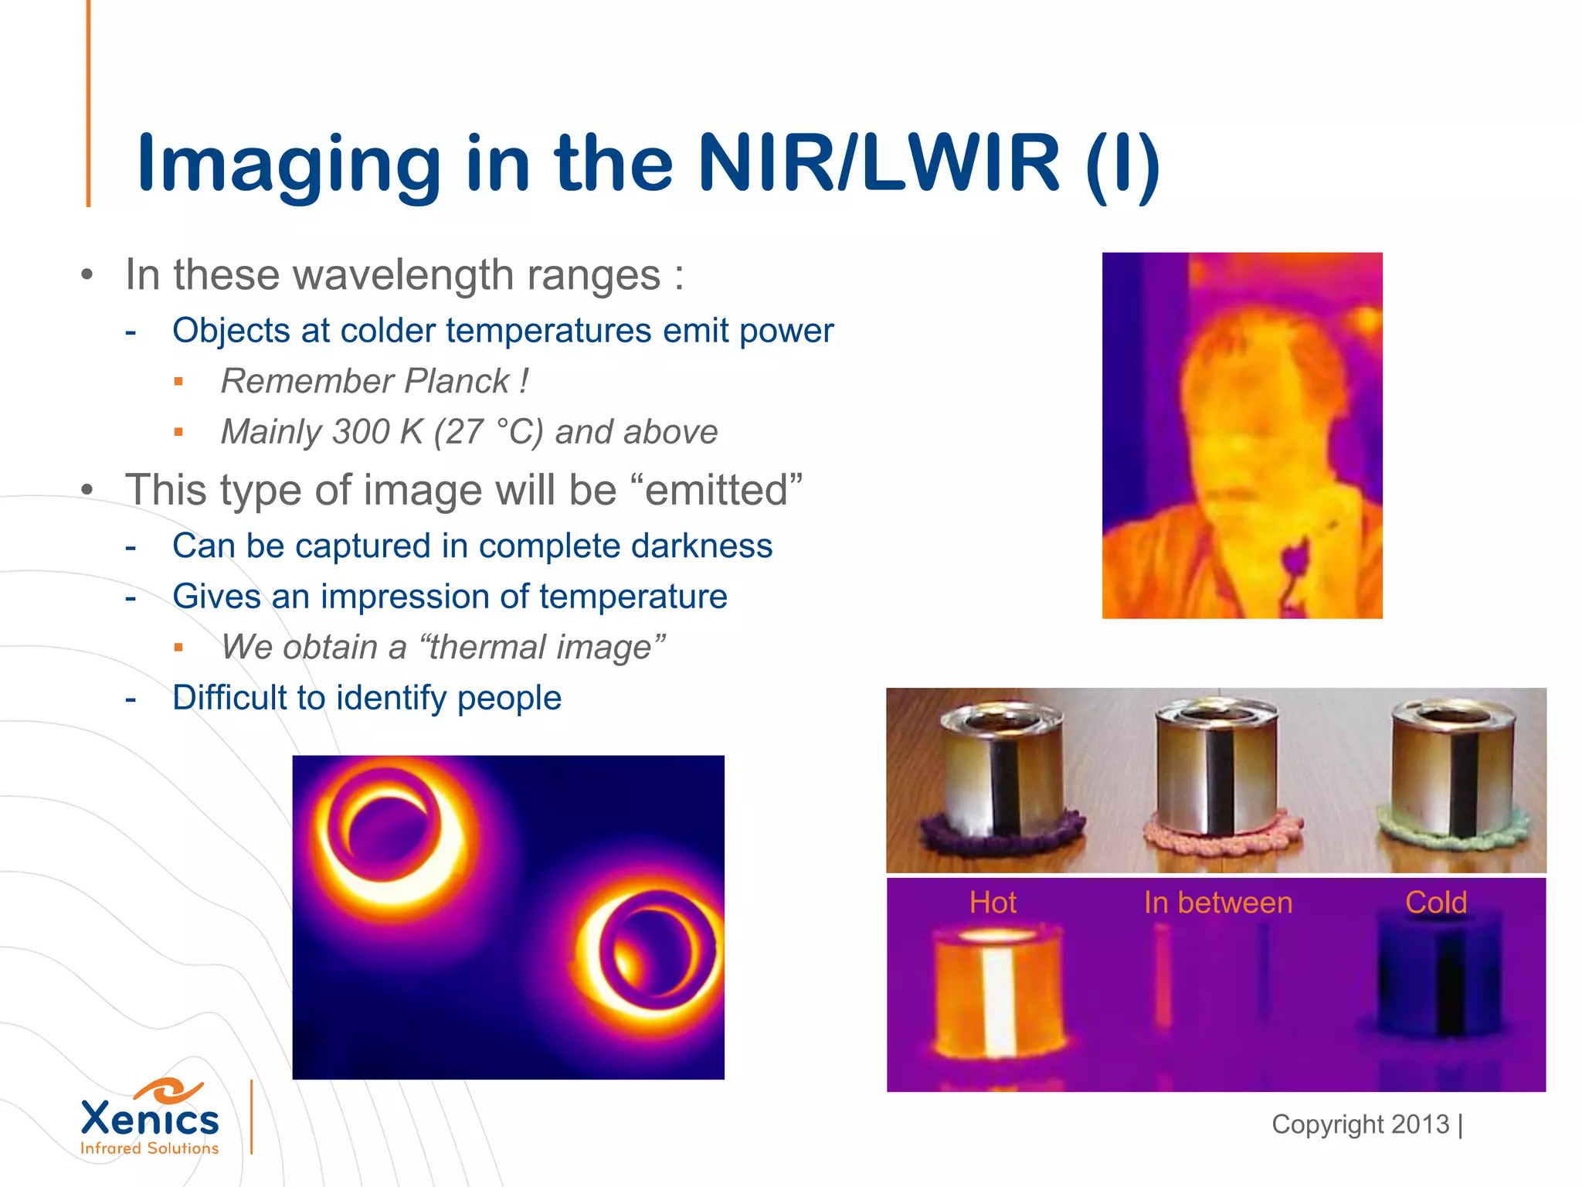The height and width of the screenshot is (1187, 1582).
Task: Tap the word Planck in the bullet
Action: point(457,381)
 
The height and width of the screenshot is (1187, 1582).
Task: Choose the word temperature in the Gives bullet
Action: point(633,597)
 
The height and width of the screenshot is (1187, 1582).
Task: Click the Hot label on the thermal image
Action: point(993,902)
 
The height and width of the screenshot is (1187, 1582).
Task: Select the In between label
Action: point(1218,902)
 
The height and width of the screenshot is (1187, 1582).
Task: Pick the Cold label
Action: point(1435,902)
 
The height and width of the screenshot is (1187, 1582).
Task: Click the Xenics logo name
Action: point(150,1119)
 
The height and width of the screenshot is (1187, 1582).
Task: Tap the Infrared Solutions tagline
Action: point(150,1148)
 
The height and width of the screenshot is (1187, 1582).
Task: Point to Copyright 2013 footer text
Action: point(1360,1124)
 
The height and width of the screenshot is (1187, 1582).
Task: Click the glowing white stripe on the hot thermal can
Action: point(999,1001)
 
